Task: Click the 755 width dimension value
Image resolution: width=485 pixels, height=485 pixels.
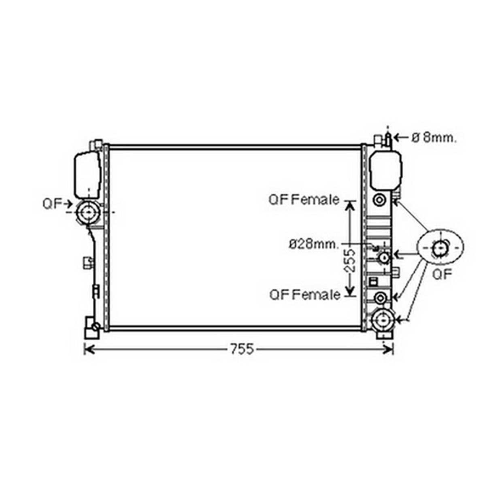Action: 242,349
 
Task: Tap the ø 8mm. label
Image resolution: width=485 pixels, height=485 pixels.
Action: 434,138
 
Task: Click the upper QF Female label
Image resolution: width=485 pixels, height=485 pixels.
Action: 304,200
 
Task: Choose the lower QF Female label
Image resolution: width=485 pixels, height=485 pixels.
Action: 305,295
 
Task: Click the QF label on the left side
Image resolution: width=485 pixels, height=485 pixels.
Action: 53,204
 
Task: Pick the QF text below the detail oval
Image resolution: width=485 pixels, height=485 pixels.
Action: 442,274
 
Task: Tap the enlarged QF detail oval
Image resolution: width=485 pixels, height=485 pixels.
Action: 440,247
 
